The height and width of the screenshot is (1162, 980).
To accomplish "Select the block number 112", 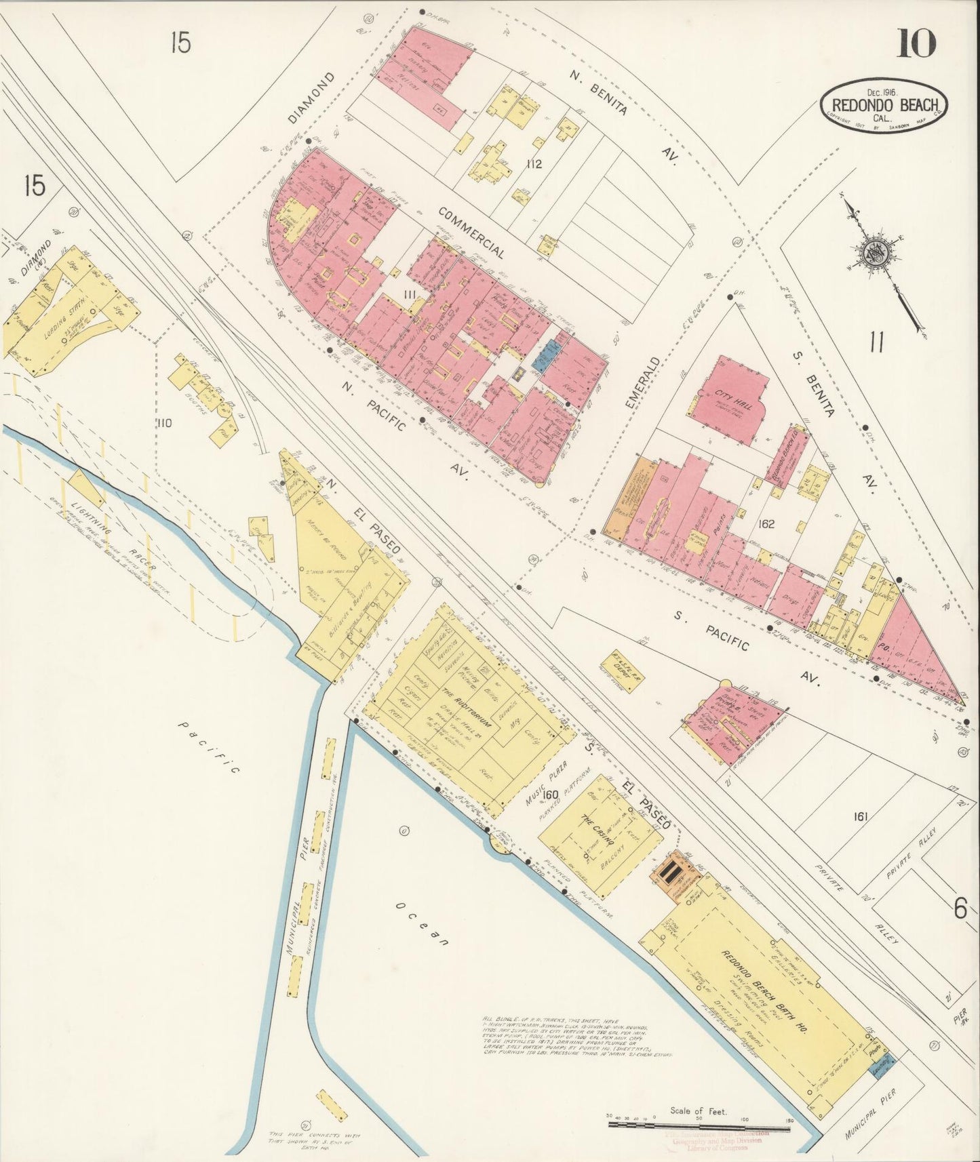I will point(533,163).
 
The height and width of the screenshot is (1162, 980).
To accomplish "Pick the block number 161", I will point(861,816).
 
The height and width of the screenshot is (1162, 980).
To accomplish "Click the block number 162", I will point(767,523).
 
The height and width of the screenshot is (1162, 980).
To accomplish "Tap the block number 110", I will point(163,423).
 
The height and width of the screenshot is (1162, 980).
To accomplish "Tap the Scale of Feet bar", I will point(699,1123).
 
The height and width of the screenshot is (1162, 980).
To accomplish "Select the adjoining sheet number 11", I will point(876,343).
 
